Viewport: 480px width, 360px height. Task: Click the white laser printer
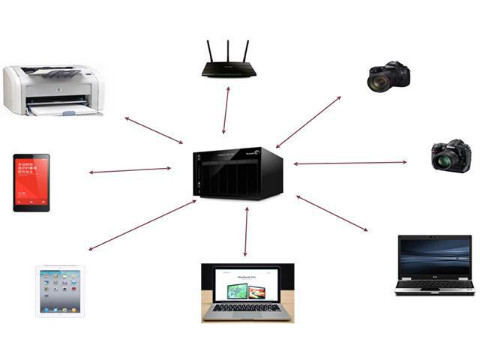click(x=52, y=90)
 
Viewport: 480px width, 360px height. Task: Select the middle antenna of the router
click(x=229, y=51)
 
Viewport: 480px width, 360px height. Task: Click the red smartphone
click(x=31, y=182)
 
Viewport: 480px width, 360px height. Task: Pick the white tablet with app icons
click(x=60, y=291)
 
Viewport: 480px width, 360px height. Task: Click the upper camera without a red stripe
click(x=388, y=76)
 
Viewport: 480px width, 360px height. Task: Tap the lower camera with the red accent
click(x=451, y=155)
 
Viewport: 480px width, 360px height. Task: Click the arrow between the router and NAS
click(x=226, y=110)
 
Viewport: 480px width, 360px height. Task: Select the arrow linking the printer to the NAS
click(x=154, y=130)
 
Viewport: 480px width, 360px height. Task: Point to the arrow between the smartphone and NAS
click(x=130, y=170)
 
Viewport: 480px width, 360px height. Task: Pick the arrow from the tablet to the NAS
click(x=142, y=225)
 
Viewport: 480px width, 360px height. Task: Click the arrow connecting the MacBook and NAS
click(x=246, y=232)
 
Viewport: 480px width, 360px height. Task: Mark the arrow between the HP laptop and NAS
click(x=331, y=213)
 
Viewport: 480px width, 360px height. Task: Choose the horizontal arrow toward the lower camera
click(x=349, y=163)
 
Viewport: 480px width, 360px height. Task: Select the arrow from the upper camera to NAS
click(x=308, y=121)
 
